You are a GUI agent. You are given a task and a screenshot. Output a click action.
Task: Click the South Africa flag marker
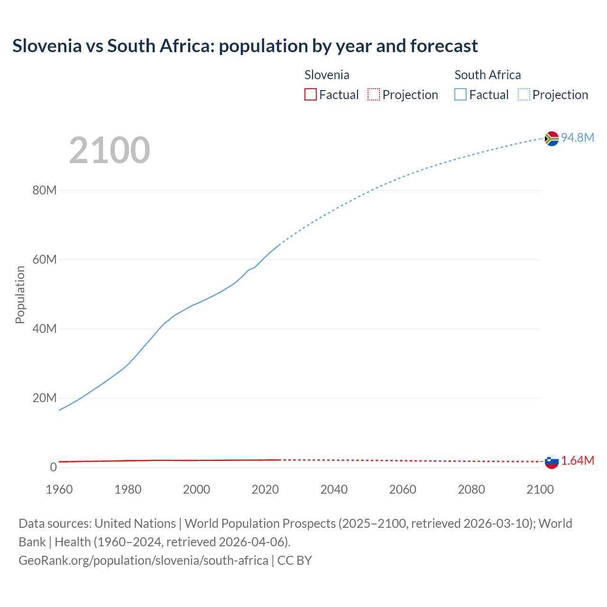552,138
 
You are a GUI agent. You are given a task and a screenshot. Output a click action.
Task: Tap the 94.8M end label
577,138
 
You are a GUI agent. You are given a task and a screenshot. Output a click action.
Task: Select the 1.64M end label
577,461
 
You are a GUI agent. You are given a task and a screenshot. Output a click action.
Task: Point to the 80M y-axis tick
45,191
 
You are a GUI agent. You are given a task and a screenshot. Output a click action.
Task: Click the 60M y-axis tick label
45,260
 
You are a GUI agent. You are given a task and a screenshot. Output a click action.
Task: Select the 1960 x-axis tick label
59,489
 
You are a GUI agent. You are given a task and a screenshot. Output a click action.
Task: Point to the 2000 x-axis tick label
196,489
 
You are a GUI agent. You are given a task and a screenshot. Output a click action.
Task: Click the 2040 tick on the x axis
334,489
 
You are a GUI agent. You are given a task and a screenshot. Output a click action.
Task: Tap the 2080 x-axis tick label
471,489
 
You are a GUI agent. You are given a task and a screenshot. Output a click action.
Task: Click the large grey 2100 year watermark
110,150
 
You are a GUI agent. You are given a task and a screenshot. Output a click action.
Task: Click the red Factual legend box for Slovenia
311,95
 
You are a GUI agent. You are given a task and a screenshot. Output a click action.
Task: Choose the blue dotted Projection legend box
524,95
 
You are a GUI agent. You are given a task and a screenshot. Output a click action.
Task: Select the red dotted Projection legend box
374,95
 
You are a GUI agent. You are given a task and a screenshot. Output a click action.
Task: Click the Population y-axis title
20,294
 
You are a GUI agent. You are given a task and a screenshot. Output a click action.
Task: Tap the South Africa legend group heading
487,75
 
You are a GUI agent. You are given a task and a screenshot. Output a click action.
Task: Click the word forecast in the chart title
444,46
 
